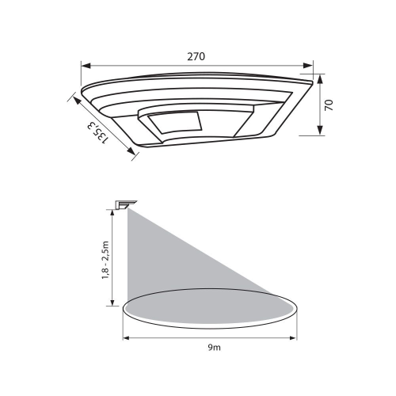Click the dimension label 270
coord(196,57)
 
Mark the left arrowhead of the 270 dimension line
coord(85,66)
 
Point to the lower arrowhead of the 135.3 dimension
coord(135,155)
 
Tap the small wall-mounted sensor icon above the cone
coord(123,204)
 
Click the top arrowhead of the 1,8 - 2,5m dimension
coord(113,208)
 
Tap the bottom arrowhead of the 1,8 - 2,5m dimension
coord(113,305)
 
